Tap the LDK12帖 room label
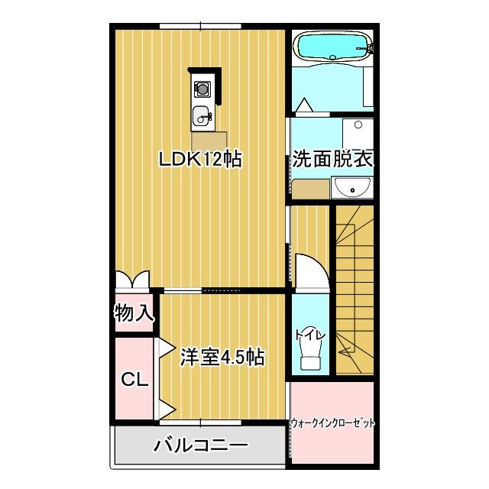click(x=200, y=160)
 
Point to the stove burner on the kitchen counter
click(x=202, y=90)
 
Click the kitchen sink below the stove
click(x=202, y=117)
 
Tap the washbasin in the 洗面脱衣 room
click(x=352, y=186)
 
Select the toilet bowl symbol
click(x=311, y=355)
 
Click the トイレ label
click(x=310, y=335)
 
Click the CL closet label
click(x=134, y=377)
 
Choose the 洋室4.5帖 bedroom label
click(x=222, y=357)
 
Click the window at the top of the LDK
click(x=201, y=27)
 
